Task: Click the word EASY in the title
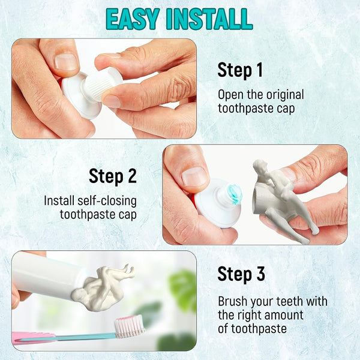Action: [x=133, y=19]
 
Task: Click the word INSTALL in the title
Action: [x=209, y=19]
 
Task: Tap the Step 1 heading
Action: [x=240, y=70]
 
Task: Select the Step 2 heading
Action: [x=113, y=176]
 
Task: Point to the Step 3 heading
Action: [x=241, y=274]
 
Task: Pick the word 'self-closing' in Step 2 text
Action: [x=107, y=201]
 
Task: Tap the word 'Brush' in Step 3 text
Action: [x=233, y=301]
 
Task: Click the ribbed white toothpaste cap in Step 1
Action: [x=103, y=83]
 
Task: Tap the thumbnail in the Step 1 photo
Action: [x=65, y=62]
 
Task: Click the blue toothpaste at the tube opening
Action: [x=235, y=194]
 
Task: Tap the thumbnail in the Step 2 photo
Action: [x=194, y=177]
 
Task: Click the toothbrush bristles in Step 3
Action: [x=129, y=326]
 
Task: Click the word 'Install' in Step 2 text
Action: [x=59, y=201]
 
